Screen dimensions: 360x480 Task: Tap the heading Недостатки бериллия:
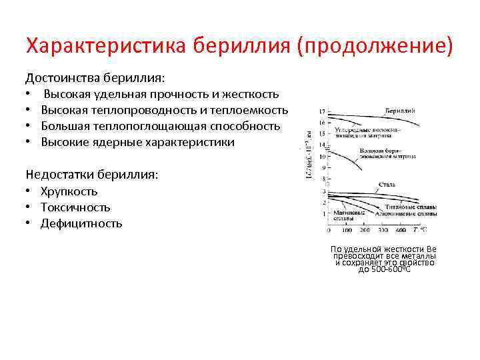pyautogui.click(x=92, y=175)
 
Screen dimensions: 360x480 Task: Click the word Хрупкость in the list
pyautogui.click(x=69, y=191)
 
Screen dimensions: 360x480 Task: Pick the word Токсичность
pyautogui.click(x=75, y=207)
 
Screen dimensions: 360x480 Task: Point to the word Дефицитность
pyautogui.click(x=81, y=223)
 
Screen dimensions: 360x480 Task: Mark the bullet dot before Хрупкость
pyautogui.click(x=30, y=191)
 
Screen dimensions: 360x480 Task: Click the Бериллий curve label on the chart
pyautogui.click(x=400, y=109)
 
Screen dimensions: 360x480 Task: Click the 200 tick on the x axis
pyautogui.click(x=365, y=230)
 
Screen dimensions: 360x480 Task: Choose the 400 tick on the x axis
pyautogui.click(x=401, y=230)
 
